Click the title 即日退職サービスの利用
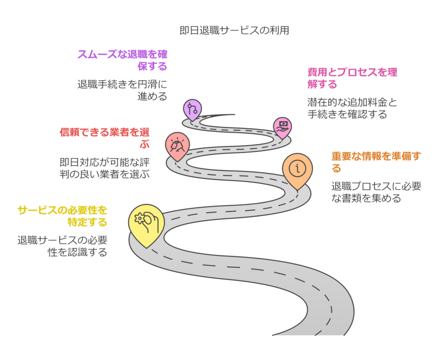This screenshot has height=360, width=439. [234, 30]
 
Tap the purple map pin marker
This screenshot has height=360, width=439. [192, 109]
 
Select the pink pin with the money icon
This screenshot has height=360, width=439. [283, 126]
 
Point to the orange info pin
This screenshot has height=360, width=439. [297, 169]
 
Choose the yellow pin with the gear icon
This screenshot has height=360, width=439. [146, 223]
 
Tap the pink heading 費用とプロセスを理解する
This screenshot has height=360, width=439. [352, 78]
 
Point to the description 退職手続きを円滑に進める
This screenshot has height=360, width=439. [123, 90]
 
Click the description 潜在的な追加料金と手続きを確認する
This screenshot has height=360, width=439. [352, 108]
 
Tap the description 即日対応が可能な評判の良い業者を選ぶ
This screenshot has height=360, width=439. [105, 168]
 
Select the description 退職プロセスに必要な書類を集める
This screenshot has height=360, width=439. [376, 192]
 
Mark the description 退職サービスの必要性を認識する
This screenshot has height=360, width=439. [63, 246]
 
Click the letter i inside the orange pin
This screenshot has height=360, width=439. [298, 168]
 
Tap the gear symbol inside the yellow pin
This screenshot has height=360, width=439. [139, 219]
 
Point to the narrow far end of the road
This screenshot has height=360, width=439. [232, 115]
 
